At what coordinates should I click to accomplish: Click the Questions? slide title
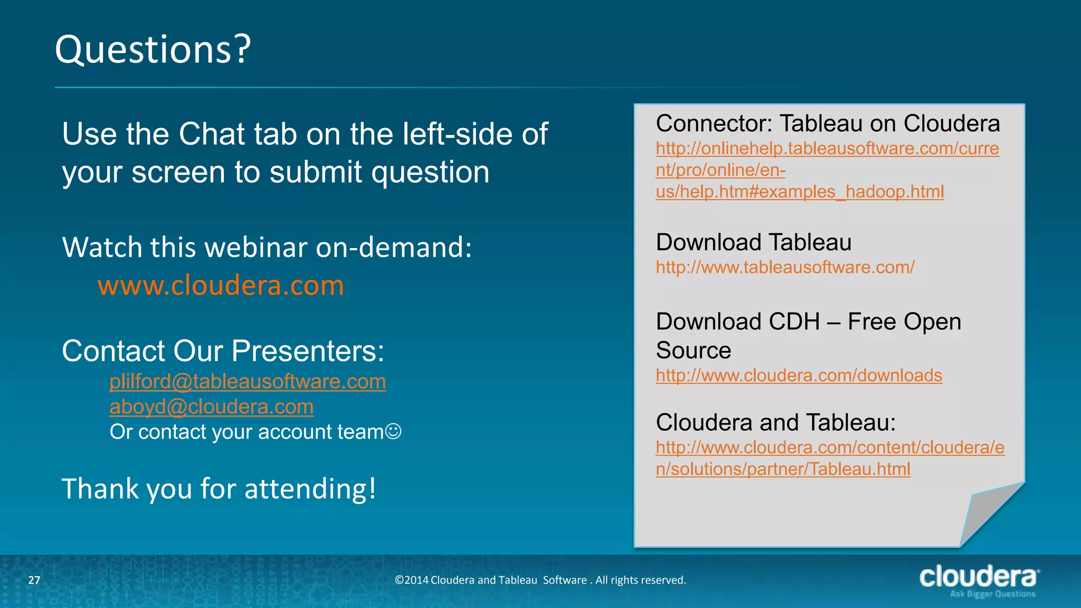pos(153,50)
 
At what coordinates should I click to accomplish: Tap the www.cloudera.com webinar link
pos(221,286)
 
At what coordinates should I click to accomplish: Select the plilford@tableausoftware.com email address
pos(248,382)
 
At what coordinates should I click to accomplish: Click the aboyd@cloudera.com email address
pos(211,407)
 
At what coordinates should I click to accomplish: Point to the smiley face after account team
pos(393,432)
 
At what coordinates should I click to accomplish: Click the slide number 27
pos(34,580)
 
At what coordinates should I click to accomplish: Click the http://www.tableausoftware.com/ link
pos(785,268)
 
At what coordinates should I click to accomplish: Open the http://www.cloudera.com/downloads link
pos(799,376)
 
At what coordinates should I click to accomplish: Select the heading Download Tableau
pos(753,243)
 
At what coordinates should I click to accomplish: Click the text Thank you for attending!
pos(219,489)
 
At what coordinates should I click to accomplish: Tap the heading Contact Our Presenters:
pos(223,351)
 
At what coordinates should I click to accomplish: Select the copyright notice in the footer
pos(540,580)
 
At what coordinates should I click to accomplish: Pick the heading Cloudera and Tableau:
pos(775,423)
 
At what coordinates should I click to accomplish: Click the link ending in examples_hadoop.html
pos(800,192)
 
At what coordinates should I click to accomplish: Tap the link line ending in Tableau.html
pos(783,469)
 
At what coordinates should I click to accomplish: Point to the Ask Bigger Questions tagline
pos(992,594)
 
